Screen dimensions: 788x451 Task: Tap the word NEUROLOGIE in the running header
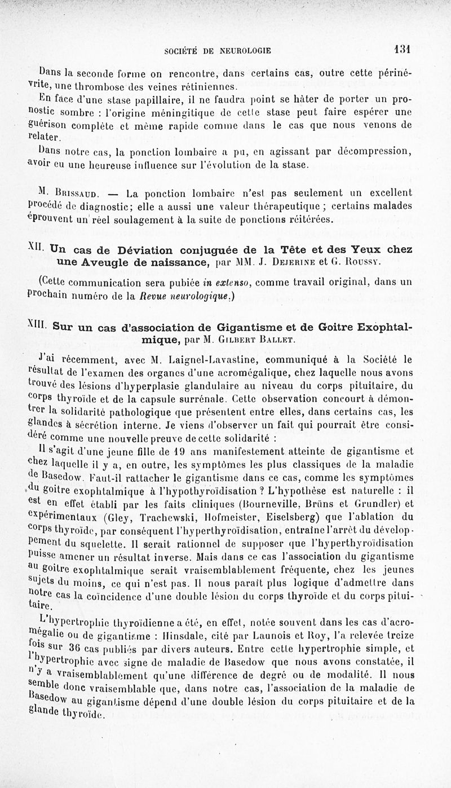click(x=245, y=50)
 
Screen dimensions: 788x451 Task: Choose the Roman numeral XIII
click(x=38, y=325)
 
